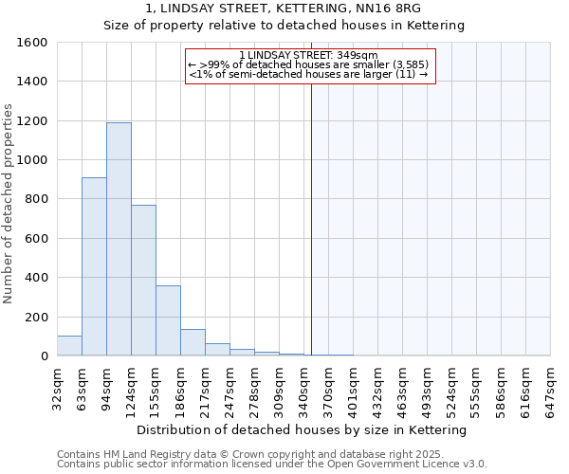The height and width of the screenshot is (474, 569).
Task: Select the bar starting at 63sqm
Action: point(94,266)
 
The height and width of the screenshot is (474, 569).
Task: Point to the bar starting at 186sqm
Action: point(193,342)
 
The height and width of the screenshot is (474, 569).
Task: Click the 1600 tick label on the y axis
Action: point(32,43)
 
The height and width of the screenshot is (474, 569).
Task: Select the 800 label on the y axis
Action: point(36,199)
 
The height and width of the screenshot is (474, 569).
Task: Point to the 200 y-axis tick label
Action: point(36,317)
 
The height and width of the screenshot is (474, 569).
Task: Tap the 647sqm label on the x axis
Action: point(551,388)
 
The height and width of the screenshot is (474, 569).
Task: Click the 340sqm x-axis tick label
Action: point(304,388)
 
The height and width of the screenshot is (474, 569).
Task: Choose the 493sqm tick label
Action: point(428,388)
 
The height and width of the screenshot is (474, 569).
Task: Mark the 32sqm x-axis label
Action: point(58,388)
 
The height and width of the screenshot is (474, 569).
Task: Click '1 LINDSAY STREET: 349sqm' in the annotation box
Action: point(309,55)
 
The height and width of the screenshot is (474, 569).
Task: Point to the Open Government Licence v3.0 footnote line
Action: point(272,464)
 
